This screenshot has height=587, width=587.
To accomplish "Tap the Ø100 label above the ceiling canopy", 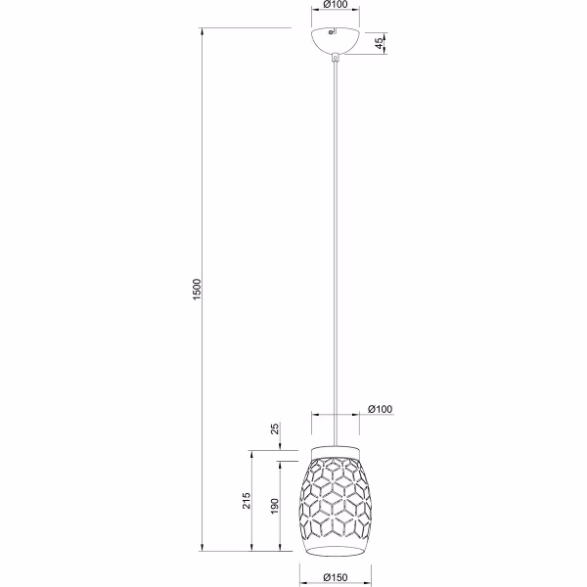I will point(336,6).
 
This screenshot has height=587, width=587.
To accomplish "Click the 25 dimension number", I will point(276,429).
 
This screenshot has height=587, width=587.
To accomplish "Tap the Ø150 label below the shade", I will point(336,579).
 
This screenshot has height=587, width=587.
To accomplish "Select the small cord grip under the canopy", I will point(336,59).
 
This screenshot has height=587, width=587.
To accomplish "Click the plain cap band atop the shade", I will point(336,450).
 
